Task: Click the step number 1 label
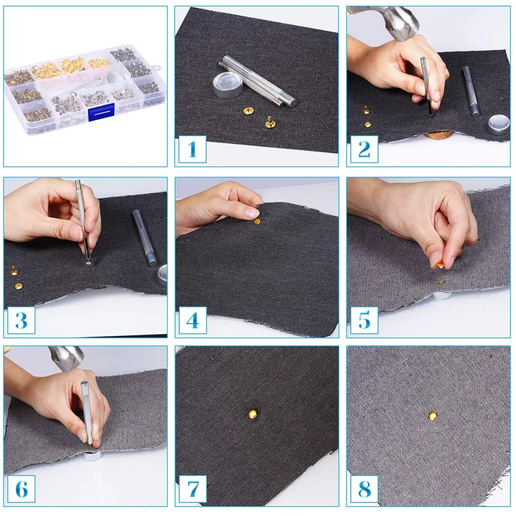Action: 192,149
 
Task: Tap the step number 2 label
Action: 364,149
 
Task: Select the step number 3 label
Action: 21,320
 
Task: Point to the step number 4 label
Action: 193,320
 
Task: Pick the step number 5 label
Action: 364,320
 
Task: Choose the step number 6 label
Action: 21,489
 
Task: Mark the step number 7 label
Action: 193,489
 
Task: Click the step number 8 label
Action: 364,489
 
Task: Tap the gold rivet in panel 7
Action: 253,414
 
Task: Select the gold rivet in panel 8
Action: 433,416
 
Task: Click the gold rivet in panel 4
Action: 257,222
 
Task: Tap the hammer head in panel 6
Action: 66,358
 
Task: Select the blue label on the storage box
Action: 101,112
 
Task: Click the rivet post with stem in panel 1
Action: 270,123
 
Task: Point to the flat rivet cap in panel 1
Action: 248,111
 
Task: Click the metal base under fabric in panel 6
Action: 92,455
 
